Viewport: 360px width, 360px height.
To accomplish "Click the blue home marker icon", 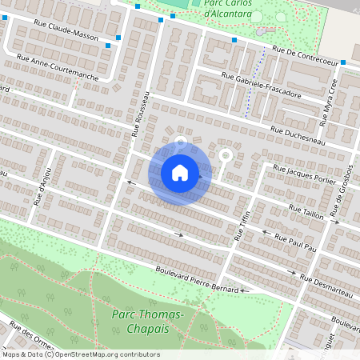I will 180,172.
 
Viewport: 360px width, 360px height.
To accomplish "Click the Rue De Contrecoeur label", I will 305,54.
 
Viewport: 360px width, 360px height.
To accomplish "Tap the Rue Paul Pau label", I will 295,241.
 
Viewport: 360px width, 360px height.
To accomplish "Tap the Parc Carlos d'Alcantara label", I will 230,10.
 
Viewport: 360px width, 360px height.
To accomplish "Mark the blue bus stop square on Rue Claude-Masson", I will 118,37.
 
